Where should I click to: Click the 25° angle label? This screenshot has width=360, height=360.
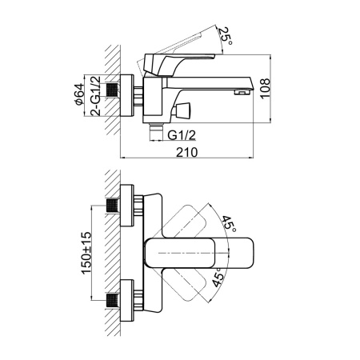click(226, 36)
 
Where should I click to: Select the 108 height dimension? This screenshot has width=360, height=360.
click(266, 89)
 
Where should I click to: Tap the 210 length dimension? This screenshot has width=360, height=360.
click(187, 152)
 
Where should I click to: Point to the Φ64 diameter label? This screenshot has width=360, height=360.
click(79, 94)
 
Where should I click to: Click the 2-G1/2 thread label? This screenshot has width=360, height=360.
click(95, 96)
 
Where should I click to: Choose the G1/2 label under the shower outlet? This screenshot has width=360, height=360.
click(182, 135)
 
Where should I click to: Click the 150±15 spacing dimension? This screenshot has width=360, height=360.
click(86, 254)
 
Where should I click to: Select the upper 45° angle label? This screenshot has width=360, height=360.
click(228, 223)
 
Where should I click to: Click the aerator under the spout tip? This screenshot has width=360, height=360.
click(242, 92)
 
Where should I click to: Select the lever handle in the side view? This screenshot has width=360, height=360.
click(178, 63)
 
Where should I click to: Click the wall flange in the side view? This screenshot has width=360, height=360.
click(126, 95)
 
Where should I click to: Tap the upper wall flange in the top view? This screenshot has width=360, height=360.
click(127, 205)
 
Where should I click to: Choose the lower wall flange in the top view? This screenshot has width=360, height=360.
click(127, 301)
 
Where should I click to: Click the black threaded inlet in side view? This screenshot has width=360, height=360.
click(112, 90)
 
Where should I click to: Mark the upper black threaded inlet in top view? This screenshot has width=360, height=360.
click(112, 206)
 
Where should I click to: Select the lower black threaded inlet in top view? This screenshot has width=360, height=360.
click(112, 301)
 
